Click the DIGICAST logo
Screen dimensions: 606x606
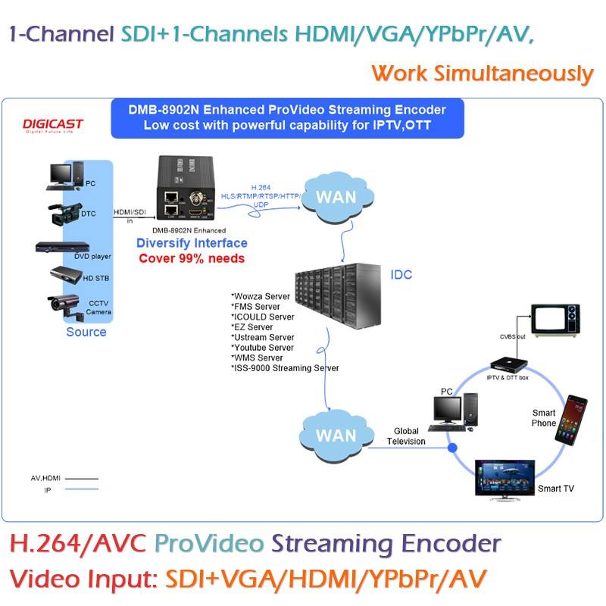54,125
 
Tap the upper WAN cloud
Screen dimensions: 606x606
335,198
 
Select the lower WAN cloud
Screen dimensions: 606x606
335,435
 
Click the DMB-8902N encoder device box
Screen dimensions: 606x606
192,190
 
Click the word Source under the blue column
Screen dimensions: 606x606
86,332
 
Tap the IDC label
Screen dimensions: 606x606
401,274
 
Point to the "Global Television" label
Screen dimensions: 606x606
406,436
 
